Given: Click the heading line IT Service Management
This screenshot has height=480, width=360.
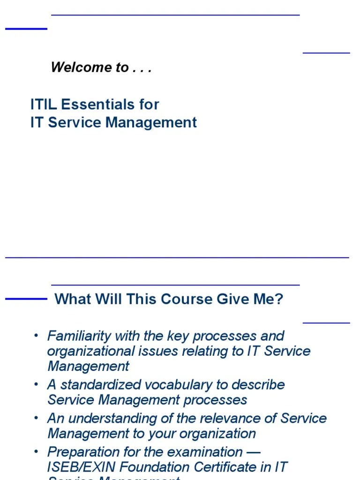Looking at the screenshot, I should point(113,122).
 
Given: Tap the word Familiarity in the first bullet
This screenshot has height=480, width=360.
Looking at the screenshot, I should point(80,336).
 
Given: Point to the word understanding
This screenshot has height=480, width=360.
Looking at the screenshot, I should point(106,419).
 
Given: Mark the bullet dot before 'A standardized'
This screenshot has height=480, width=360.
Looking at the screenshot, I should point(36,384).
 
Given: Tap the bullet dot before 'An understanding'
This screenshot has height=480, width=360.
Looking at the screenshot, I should point(36,418).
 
